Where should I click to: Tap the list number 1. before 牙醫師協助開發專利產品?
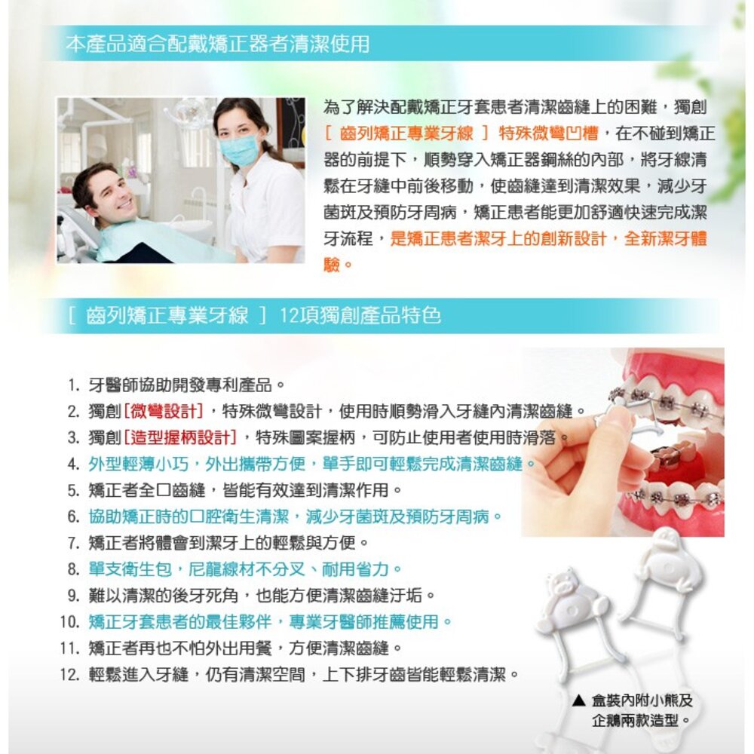click(x=72, y=385)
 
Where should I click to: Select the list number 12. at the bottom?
click(x=69, y=674)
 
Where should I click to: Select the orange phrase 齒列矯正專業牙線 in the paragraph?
click(x=406, y=133)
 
